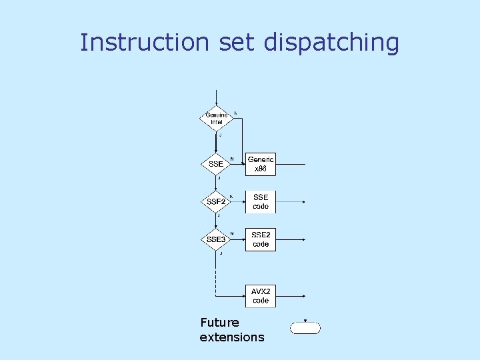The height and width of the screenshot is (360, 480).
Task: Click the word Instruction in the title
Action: coord(144,42)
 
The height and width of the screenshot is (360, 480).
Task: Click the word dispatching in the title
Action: coord(331,43)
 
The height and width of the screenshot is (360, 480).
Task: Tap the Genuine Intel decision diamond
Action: coord(216,119)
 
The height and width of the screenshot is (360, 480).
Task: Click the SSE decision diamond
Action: coord(216,164)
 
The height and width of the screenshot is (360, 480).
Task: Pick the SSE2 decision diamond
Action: coord(216,201)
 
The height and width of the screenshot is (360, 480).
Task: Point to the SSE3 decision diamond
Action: coord(216,239)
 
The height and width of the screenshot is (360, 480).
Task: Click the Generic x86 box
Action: coord(261,164)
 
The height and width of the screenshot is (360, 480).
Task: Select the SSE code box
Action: coord(261,201)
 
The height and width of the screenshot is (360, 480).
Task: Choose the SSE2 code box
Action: coord(261,239)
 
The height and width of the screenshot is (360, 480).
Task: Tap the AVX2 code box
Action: coord(261,295)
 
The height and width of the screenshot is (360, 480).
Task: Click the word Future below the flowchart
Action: coord(219,323)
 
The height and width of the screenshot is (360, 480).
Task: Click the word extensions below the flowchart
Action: coord(232,337)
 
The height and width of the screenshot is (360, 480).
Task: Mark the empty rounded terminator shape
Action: coord(305,328)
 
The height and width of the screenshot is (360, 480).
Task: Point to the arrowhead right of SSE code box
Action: coord(304,201)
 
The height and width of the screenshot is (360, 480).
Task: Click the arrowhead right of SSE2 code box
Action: coord(304,239)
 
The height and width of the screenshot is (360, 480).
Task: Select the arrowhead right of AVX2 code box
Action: coord(304,295)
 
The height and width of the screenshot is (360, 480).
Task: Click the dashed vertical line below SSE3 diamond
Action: coord(216,273)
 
